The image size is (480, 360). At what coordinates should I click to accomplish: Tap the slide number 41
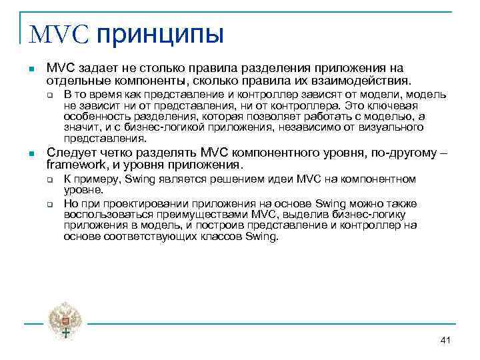coord(446,341)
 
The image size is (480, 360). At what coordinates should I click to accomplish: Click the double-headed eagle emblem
coord(65,319)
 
